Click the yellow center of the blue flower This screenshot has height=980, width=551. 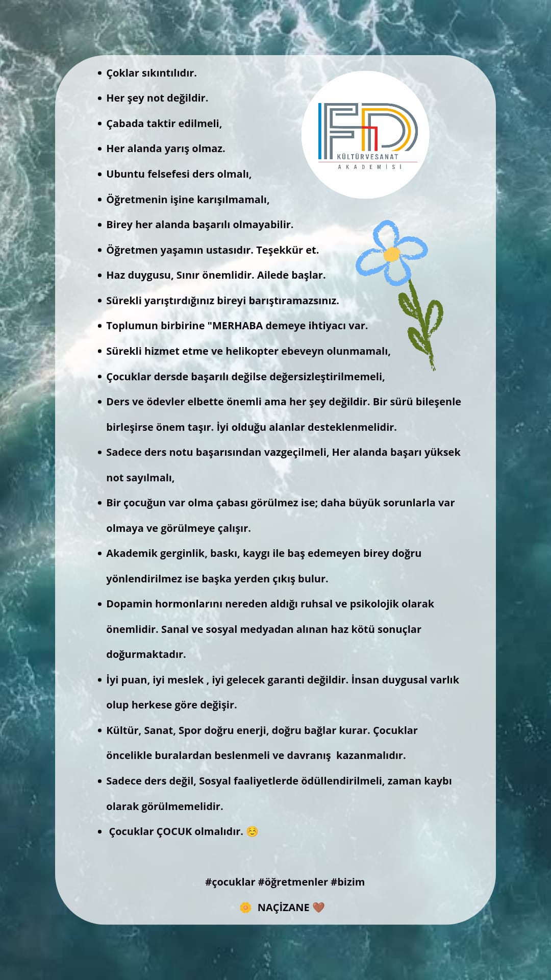(x=391, y=254)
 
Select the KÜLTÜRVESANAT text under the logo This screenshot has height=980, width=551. (x=367, y=157)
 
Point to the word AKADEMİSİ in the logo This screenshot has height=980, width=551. (x=369, y=167)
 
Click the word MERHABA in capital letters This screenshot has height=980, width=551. (x=237, y=326)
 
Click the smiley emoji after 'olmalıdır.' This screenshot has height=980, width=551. (x=252, y=831)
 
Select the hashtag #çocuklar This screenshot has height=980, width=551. (x=230, y=882)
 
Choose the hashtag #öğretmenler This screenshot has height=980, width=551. (x=293, y=882)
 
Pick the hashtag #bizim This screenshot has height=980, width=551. (x=347, y=882)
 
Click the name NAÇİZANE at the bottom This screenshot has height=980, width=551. (x=283, y=908)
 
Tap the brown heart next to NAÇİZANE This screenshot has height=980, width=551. (x=318, y=907)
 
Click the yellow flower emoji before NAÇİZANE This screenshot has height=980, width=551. (x=245, y=907)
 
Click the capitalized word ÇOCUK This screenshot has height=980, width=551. (x=174, y=831)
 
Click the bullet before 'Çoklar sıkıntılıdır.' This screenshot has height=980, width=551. (x=99, y=73)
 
